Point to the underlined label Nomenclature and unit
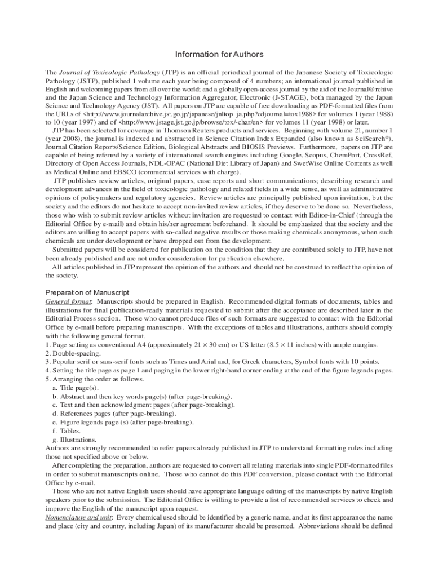click(79, 517)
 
